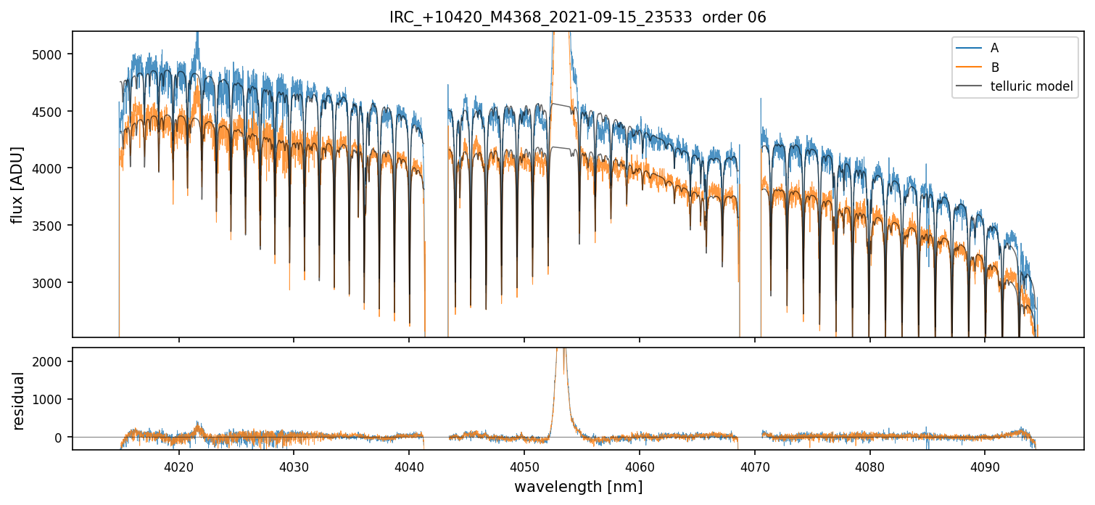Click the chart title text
click(577, 17)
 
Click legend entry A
click(994, 48)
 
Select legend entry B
click(995, 67)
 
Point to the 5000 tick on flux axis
click(51, 54)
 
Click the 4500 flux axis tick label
click(51, 112)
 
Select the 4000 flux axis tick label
click(51, 168)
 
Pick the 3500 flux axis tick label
click(51, 226)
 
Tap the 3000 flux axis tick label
click(51, 283)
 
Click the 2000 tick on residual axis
click(51, 361)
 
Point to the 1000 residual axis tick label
click(51, 399)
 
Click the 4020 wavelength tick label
click(178, 465)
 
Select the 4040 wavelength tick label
click(409, 465)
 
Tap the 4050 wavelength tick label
click(524, 465)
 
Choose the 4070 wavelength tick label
click(754, 465)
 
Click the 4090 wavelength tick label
click(985, 465)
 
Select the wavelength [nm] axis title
click(578, 487)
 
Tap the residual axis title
click(19, 401)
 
